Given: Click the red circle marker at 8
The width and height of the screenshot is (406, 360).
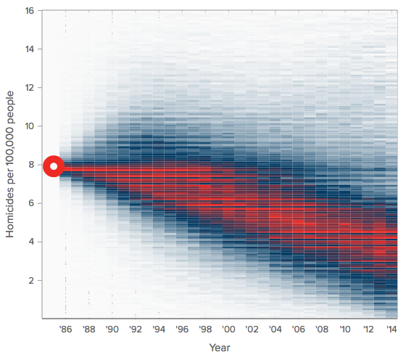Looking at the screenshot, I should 54,166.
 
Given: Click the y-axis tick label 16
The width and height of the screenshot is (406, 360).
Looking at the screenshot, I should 29,11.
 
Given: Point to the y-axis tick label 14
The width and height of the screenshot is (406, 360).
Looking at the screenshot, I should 29,49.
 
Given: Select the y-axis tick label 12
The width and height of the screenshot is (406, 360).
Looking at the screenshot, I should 29,88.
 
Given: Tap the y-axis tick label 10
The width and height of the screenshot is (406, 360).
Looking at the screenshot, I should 29,126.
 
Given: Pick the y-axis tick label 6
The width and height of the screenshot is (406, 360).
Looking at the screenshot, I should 32,203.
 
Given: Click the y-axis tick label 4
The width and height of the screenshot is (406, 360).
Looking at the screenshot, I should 32,242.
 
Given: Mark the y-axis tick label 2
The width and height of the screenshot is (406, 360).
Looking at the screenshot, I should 32,280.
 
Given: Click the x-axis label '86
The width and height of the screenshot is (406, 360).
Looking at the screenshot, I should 65,329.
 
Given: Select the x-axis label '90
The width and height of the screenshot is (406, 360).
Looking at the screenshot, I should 112,329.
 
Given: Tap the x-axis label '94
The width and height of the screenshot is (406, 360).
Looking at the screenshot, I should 159,329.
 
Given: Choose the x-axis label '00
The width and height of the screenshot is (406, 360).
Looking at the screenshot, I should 229,329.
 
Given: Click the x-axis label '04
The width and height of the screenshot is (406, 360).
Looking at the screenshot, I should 275,329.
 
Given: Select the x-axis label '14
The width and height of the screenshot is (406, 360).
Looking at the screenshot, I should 391,329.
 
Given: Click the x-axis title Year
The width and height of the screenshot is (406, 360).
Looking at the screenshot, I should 220,348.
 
